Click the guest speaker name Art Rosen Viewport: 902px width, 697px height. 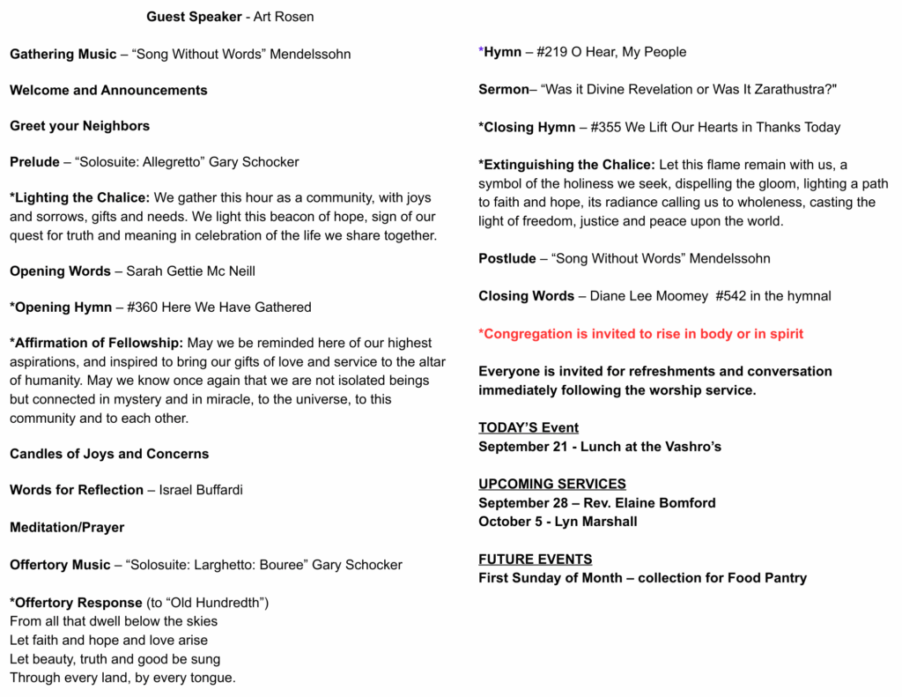point(284,17)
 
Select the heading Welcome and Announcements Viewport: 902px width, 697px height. point(108,90)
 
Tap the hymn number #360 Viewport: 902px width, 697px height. point(144,308)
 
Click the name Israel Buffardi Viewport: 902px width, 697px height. point(201,490)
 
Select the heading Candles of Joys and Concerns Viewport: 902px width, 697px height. point(109,454)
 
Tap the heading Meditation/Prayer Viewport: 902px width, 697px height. point(67,527)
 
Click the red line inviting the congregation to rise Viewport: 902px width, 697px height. point(640,334)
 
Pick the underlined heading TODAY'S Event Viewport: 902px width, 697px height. point(529,427)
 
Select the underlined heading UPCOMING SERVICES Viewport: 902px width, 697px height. point(552,484)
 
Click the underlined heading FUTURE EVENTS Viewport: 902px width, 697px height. point(535,559)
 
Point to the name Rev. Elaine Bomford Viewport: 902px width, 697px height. point(649,503)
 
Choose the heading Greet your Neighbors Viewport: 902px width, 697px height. point(80,126)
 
